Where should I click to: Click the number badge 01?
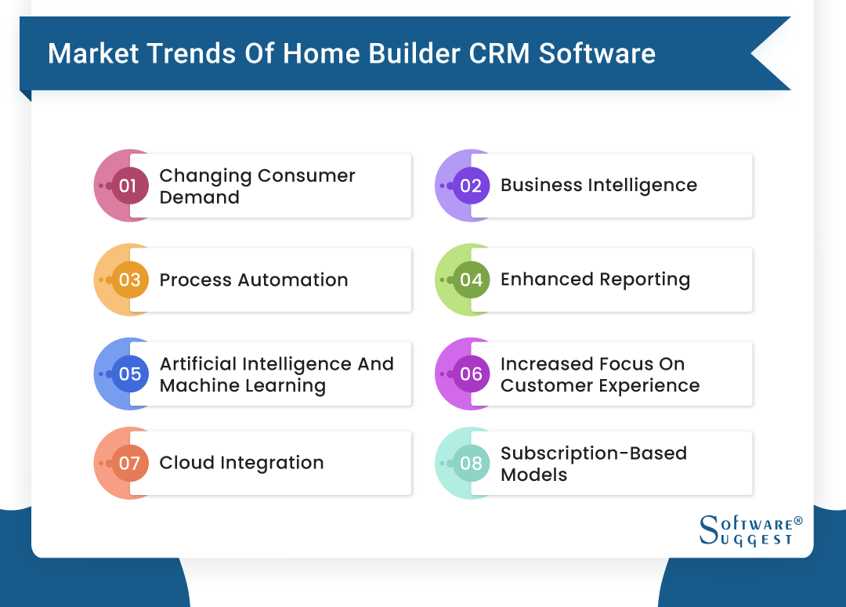(x=129, y=186)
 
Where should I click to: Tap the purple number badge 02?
(x=471, y=186)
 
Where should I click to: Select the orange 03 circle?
(x=129, y=280)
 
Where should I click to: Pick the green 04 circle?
(x=471, y=280)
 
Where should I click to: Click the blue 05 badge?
(x=129, y=374)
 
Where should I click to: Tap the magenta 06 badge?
(x=471, y=374)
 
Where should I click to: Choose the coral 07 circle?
(x=129, y=463)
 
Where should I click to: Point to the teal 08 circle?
(x=471, y=463)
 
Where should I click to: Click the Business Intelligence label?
(x=598, y=186)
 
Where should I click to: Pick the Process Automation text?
(x=254, y=280)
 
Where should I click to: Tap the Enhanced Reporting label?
(x=595, y=280)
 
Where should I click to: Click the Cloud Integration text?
(x=241, y=463)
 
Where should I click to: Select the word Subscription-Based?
(x=593, y=453)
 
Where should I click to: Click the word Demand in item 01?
(x=199, y=197)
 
